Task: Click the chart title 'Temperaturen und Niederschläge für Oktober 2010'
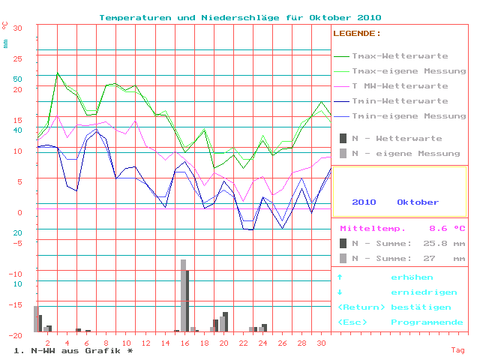(x=240, y=17)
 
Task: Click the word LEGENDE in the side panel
(x=356, y=34)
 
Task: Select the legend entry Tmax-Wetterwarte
(x=400, y=56)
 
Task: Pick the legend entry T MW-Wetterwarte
(x=400, y=86)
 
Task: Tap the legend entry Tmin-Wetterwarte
(x=400, y=101)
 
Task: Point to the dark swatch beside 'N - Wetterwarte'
(x=343, y=139)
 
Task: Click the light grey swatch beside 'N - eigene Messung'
(x=343, y=154)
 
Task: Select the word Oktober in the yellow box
(x=418, y=202)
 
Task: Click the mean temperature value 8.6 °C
(x=447, y=229)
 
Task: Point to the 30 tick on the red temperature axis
(x=18, y=28)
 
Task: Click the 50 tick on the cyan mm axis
(x=18, y=79)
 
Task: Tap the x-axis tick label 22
(x=243, y=343)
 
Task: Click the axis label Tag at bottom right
(x=457, y=350)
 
